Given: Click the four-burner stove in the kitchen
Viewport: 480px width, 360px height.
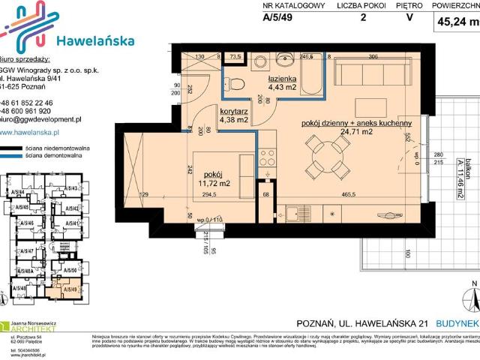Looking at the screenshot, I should pos(266,157).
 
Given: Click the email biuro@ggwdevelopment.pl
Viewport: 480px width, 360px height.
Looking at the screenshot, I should pos(40,119).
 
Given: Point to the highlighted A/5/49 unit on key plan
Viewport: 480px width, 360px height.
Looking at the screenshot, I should pos(70,289).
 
